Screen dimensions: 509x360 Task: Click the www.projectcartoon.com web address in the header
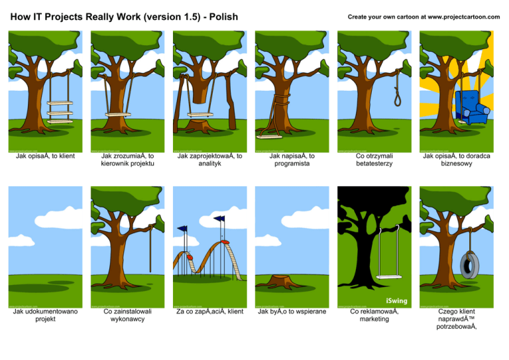[x=464, y=17]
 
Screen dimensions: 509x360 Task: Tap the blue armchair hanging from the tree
[x=471, y=107]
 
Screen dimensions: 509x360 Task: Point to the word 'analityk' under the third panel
[x=209, y=164]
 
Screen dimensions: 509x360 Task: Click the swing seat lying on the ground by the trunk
[x=270, y=137]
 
